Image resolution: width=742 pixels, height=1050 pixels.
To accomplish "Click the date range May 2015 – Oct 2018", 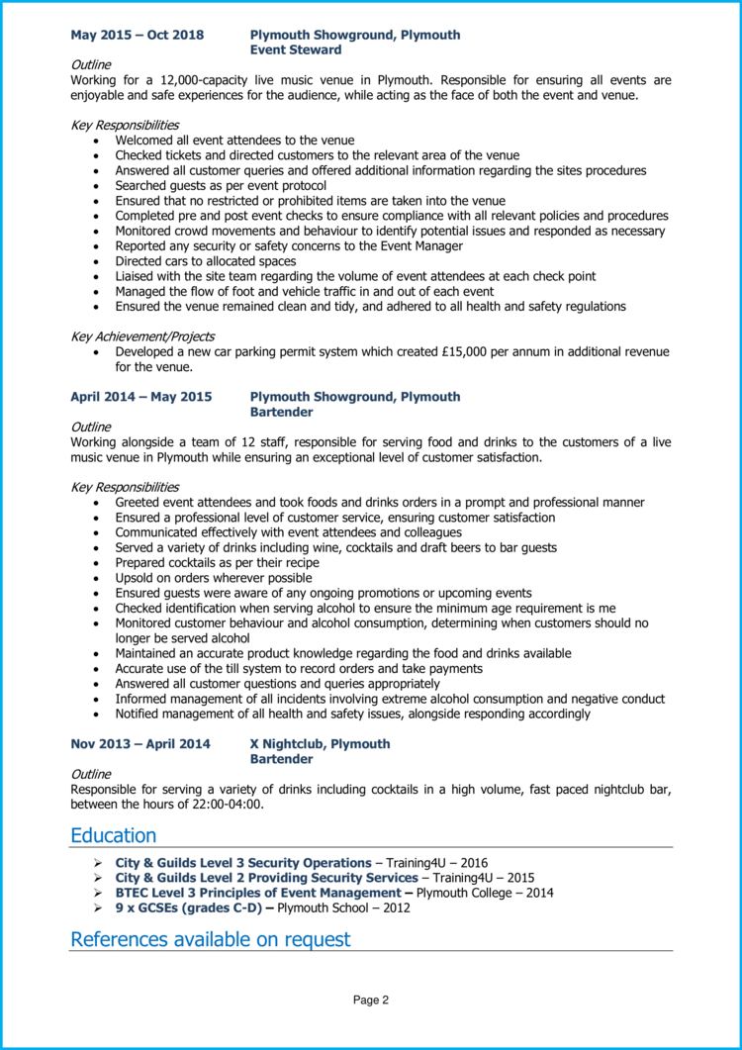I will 137,35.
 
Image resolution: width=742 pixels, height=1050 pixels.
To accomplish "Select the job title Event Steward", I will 296,49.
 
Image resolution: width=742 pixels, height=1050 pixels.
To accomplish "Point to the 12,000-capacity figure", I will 204,80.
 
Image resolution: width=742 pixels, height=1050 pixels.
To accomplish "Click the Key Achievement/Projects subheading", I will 142,336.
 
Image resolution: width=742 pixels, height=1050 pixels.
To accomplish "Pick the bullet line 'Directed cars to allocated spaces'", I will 207,261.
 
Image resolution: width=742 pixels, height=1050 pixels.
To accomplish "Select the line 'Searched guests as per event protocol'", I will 221,185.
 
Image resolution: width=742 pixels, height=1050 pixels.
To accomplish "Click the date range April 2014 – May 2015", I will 140,397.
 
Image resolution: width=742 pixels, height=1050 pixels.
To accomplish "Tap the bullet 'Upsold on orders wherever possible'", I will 213,578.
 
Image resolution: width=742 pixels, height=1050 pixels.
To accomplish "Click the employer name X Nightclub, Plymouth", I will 320,744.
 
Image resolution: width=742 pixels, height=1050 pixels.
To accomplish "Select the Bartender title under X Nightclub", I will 281,759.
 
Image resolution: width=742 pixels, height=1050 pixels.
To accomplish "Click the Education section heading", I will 113,835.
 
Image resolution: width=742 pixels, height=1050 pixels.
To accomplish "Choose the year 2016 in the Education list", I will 472,863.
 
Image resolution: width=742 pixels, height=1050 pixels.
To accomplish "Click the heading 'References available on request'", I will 210,939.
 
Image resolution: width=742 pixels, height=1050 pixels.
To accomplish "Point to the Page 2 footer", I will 371,1001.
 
